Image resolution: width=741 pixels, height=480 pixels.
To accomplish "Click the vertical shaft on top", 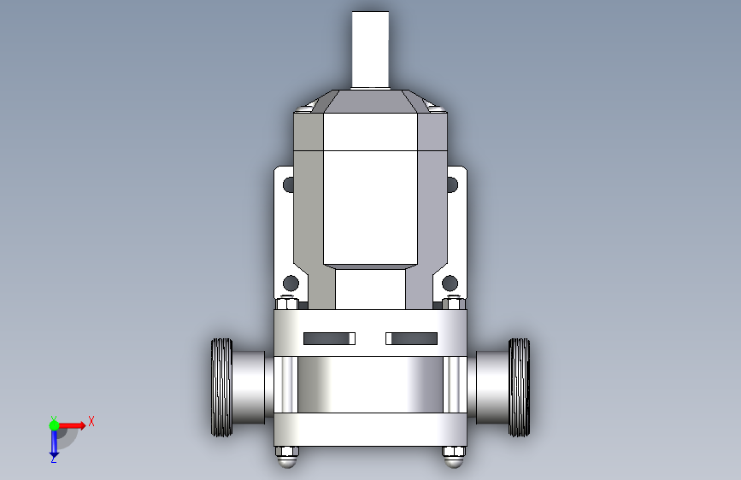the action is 370,50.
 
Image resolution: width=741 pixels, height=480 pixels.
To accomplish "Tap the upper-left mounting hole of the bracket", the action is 288,184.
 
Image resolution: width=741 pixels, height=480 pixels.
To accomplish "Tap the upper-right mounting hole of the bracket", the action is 452,184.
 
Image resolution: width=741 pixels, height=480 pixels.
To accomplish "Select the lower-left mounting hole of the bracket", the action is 291,284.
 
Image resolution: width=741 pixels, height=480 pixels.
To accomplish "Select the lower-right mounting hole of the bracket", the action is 450,284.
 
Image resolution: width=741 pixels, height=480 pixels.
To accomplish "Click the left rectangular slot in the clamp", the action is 329,338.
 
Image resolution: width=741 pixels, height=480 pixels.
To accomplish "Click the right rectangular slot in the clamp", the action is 412,338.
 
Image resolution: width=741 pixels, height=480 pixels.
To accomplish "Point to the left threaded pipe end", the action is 221,388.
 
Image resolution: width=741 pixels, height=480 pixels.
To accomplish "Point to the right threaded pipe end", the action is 519,388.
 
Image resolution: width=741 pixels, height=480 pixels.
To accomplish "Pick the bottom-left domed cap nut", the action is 287,457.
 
